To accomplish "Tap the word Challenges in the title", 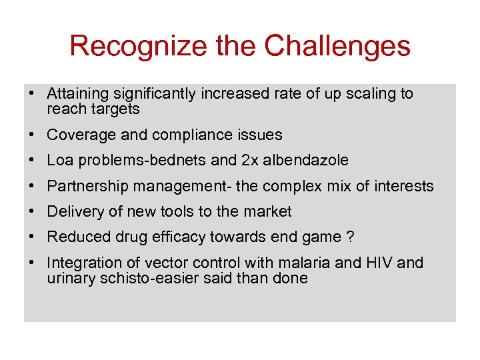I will pyautogui.click(x=337, y=46).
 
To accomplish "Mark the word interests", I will pyautogui.click(x=405, y=186).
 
